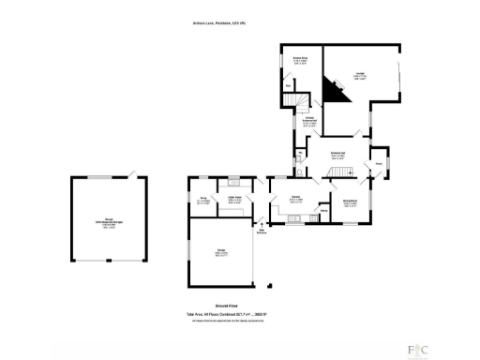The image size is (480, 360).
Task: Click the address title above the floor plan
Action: [240, 24]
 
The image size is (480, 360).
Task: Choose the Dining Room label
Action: [350, 202]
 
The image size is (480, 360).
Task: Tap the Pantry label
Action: [323, 212]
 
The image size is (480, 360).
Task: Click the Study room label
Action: [204, 199]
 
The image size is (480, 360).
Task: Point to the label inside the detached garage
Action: [109, 223]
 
